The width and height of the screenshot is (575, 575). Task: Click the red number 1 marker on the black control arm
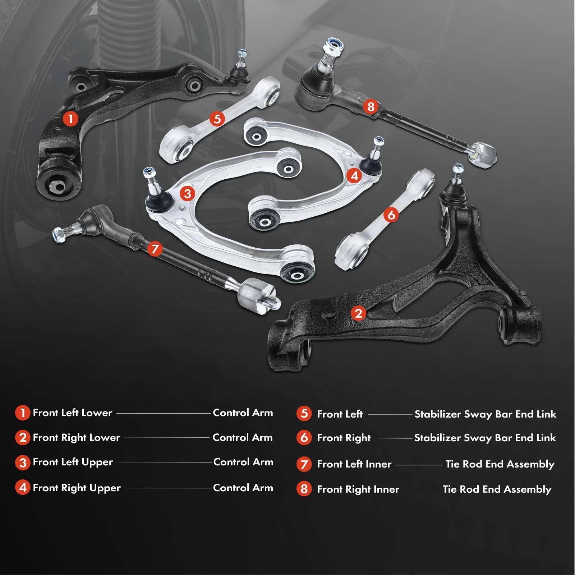70,118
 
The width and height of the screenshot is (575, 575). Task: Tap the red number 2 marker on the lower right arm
358,313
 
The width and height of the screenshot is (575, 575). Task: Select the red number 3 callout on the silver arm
187,194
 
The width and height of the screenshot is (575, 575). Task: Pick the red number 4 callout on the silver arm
354,176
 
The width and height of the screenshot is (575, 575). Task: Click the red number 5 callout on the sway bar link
217,119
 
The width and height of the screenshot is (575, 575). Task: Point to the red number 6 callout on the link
391,215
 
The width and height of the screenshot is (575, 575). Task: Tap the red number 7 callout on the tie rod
155,249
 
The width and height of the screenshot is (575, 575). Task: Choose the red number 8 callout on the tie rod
371,106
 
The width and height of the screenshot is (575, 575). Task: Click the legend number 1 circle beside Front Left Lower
22,413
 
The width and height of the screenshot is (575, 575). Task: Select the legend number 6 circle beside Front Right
304,438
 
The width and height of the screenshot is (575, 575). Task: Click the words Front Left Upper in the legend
73,462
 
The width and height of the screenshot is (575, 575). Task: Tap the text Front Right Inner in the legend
358,489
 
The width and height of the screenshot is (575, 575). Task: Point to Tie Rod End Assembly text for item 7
500,464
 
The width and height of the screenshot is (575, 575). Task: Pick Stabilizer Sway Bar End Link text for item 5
485,414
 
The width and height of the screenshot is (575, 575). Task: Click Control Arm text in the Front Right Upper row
243,488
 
